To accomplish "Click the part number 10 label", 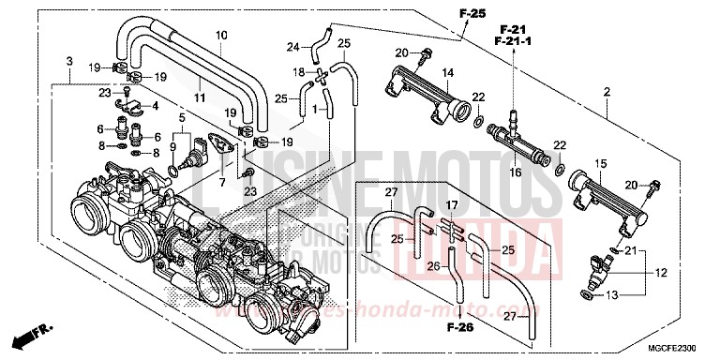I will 221,36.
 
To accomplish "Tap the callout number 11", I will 199,97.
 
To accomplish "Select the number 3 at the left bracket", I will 69,61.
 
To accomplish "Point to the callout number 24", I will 292,47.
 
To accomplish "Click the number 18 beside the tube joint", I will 297,72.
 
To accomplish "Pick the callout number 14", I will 447,73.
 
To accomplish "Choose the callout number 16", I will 515,173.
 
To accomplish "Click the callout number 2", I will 607,93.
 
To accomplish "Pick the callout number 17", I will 452,204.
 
